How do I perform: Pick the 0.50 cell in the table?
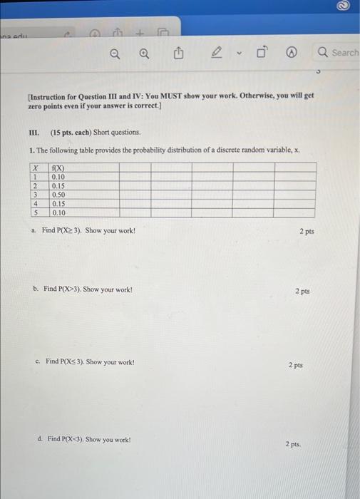[58, 195]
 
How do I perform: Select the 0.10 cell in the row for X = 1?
[58, 178]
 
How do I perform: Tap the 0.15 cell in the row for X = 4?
[58, 203]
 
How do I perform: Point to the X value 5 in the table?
[35, 212]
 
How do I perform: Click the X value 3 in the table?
[35, 195]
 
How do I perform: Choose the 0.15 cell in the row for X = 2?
[58, 186]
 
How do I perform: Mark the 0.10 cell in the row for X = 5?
[58, 212]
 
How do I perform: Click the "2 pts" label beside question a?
[307, 232]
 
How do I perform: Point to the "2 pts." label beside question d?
[293, 444]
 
